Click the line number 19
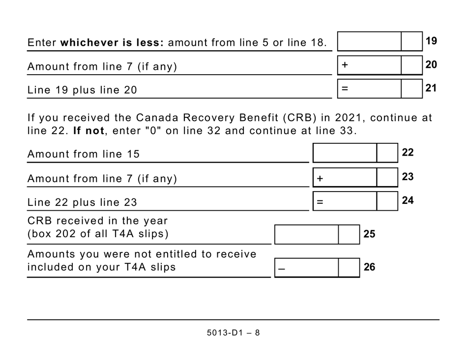coord(431,41)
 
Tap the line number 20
coord(431,65)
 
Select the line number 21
coord(431,88)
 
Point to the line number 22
coord(408,153)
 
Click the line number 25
coord(369,234)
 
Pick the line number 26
coord(369,267)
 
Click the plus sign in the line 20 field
coord(345,65)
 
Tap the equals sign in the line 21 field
coord(345,89)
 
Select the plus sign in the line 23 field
coord(320,178)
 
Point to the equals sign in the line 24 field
coord(320,201)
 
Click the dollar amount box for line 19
coord(370,41)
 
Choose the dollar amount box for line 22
coord(345,153)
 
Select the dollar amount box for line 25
coord(307,234)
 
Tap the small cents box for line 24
coord(387,201)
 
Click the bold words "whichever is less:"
coord(112,43)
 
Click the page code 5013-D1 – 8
coord(233,332)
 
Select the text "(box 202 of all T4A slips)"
coord(98,234)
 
